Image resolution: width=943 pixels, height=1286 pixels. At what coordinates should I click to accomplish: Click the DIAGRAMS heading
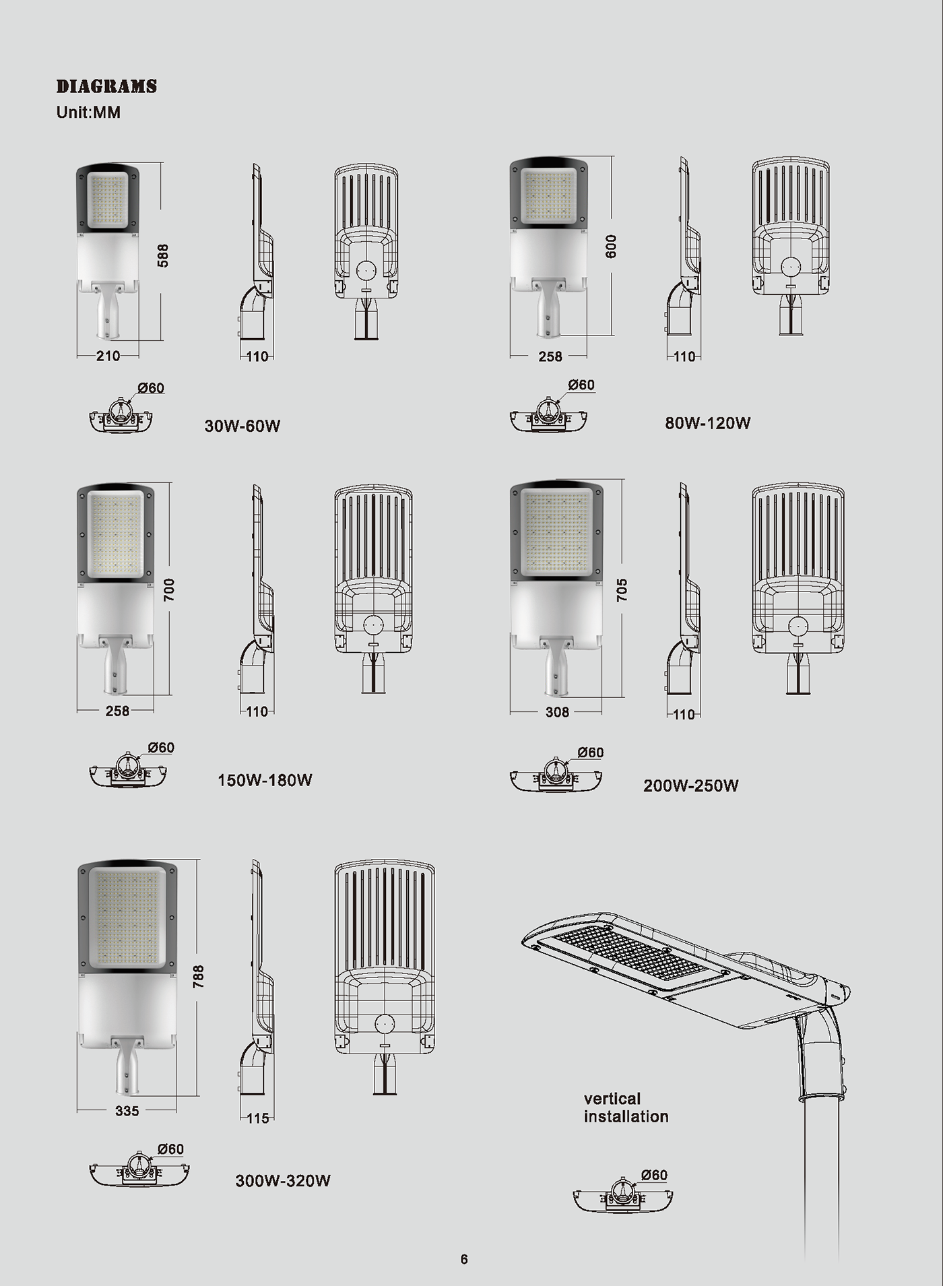[106, 86]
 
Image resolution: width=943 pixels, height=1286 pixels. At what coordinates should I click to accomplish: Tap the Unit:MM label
[88, 112]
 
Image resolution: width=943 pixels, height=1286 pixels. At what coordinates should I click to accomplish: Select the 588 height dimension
[163, 255]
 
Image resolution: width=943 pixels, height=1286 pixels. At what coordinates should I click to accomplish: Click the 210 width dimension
[108, 356]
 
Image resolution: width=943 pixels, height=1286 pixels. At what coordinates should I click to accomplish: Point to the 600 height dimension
[611, 246]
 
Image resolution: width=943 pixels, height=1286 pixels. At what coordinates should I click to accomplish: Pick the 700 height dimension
[169, 589]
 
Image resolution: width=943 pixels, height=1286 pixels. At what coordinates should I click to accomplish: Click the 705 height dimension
[622, 589]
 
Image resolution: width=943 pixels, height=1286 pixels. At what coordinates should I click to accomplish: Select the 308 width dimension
[557, 712]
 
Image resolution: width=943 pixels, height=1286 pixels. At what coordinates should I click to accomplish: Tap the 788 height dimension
[198, 977]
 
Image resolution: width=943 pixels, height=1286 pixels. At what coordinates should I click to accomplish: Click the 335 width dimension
[127, 1111]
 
